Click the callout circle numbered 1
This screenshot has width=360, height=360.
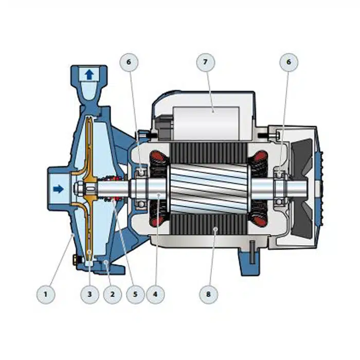[46, 294]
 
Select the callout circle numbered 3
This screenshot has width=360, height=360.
[90, 294]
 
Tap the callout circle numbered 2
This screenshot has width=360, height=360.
[113, 294]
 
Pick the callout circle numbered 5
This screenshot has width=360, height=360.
[135, 294]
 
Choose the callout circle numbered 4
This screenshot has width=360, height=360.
[155, 294]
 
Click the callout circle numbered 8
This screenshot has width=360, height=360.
[208, 294]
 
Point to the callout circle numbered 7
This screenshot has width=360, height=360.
[206, 62]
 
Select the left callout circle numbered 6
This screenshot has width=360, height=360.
[129, 62]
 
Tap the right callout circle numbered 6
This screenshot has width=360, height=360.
[289, 62]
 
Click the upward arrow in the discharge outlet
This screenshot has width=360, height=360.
[89, 75]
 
